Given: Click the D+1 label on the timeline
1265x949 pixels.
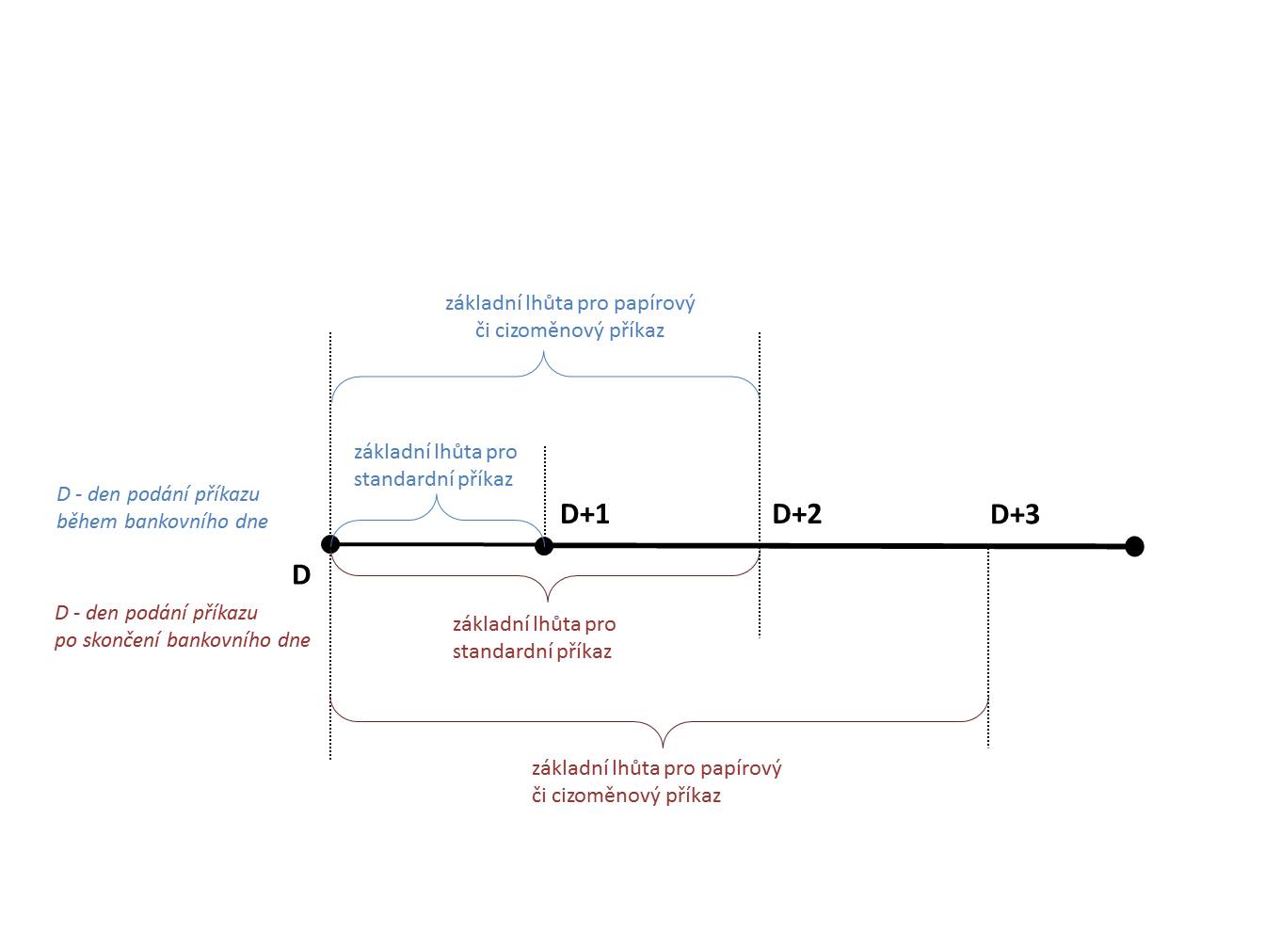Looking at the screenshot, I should [584, 514].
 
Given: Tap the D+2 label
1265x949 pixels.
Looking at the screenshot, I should [796, 514].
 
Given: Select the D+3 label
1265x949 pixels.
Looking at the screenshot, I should [1015, 514].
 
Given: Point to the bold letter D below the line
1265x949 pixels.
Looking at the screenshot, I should [301, 575].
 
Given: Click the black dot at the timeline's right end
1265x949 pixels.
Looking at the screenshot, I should [1134, 546].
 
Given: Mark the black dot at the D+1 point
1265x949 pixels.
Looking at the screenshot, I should [544, 545].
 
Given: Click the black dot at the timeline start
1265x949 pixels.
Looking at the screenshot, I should [330, 544].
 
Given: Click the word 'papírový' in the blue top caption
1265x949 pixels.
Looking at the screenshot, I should [654, 303].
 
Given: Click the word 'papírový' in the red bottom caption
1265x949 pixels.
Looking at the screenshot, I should [741, 768].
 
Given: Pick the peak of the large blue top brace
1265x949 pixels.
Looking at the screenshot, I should [544, 355].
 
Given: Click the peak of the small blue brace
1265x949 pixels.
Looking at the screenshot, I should [437, 498].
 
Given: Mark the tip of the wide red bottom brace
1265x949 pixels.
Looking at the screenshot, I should [662, 747].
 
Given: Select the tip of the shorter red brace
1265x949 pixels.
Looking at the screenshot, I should [547, 600].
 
